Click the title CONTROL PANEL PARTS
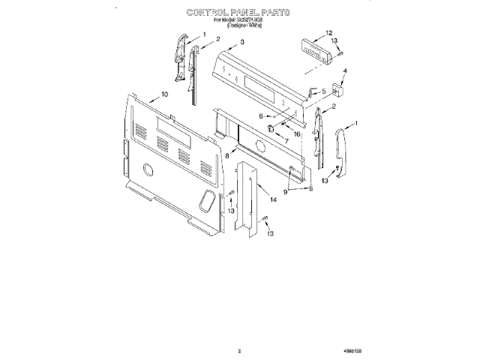(x=238, y=13)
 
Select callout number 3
(x=242, y=43)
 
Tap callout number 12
(x=328, y=33)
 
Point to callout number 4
(x=344, y=72)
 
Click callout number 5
(x=323, y=91)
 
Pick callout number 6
(x=261, y=116)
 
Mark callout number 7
(x=286, y=141)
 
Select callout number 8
(x=226, y=154)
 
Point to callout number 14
(x=273, y=199)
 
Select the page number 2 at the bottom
(x=239, y=349)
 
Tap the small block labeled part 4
(x=339, y=90)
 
